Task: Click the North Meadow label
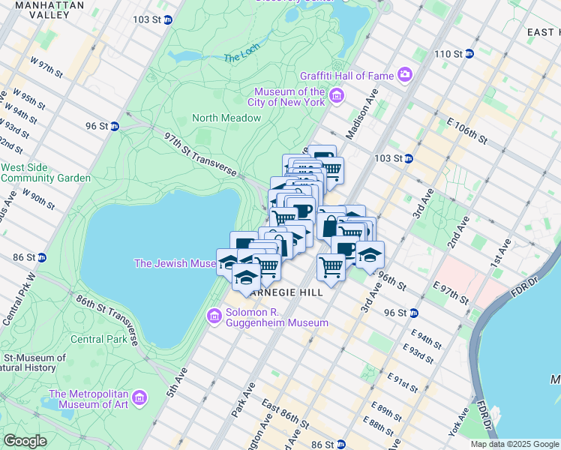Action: (x=226, y=118)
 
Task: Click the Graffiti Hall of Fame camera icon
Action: (x=406, y=73)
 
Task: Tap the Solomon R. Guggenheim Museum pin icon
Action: (x=214, y=316)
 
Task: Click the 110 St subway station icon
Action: (x=469, y=54)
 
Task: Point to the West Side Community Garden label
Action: (x=46, y=172)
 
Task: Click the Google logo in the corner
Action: (x=25, y=441)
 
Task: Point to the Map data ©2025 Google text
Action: (x=514, y=444)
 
